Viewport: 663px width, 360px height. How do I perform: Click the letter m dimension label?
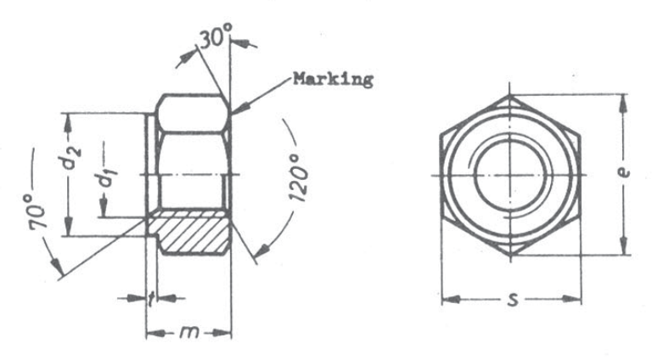point(188,333)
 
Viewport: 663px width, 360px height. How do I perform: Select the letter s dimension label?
point(511,300)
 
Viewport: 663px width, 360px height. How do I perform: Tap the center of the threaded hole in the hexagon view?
point(511,174)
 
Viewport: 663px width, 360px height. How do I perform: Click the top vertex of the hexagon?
point(512,93)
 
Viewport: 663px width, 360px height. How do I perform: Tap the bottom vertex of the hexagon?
point(512,254)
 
